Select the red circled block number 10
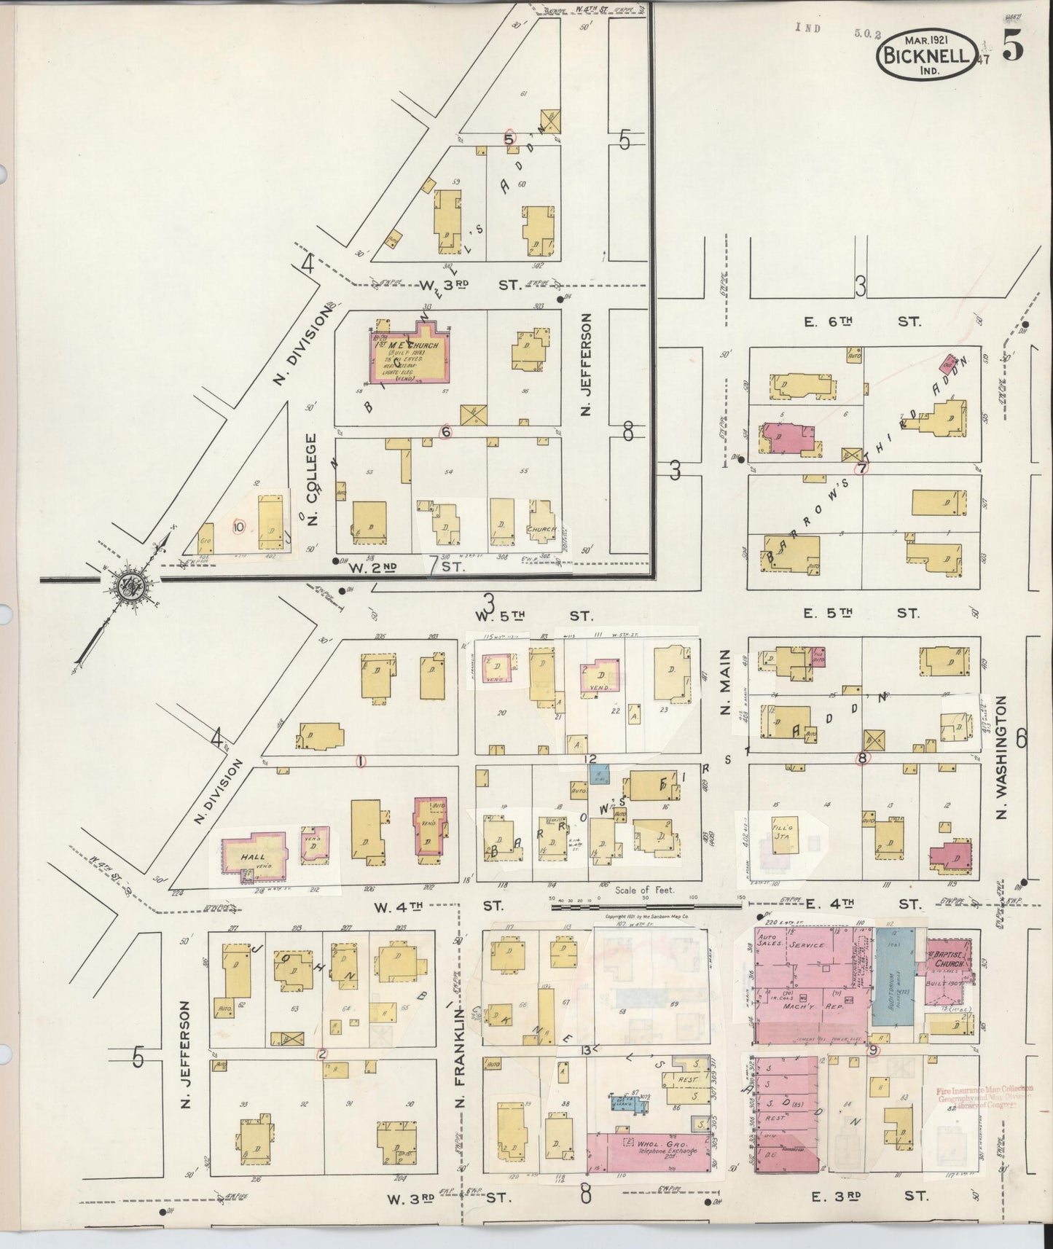[x=238, y=525]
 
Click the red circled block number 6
[x=446, y=431]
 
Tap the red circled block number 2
[x=322, y=1053]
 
